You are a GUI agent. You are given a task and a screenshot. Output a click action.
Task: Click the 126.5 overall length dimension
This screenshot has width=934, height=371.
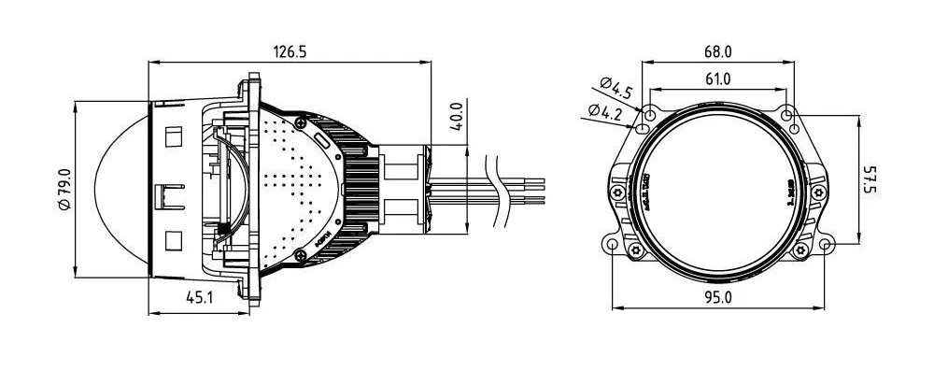point(289,52)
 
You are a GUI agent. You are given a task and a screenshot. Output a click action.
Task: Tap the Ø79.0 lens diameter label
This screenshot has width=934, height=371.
point(64,190)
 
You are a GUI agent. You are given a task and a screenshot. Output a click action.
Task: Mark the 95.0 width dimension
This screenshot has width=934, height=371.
point(717,297)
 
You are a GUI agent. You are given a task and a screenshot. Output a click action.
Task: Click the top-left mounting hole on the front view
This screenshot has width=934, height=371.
point(644,116)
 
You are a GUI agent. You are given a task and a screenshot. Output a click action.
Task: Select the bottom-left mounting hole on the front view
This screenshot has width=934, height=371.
point(611,246)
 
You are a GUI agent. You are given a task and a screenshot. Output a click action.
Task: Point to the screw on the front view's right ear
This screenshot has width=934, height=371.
point(819,193)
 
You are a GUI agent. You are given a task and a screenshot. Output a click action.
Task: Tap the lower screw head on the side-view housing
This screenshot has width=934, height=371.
point(299,255)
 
